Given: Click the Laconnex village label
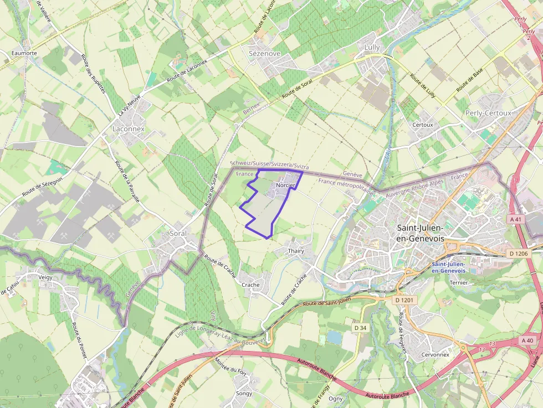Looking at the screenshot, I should click(128, 128).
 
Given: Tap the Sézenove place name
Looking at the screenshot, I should click(264, 54).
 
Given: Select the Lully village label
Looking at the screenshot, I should click(372, 48).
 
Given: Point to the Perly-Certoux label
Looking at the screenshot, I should click(488, 113).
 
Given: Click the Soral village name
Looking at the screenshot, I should click(178, 234).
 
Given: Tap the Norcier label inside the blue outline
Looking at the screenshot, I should click(285, 185).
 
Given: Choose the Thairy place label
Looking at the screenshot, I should click(296, 251).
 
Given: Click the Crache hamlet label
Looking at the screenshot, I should click(250, 285).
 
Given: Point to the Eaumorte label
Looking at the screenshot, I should click(24, 53).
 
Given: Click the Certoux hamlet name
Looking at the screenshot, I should click(422, 125).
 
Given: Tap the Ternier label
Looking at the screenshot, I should click(459, 282).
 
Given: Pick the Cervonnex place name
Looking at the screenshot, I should click(435, 354).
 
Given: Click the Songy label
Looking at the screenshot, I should click(244, 394).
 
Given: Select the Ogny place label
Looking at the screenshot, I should click(335, 398).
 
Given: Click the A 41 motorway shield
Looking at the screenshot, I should click(515, 219).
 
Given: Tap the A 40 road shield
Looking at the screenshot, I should click(527, 340).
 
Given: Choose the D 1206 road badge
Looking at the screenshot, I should click(519, 254).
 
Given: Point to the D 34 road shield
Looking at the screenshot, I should click(360, 328).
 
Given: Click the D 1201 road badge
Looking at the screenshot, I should click(405, 300).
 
